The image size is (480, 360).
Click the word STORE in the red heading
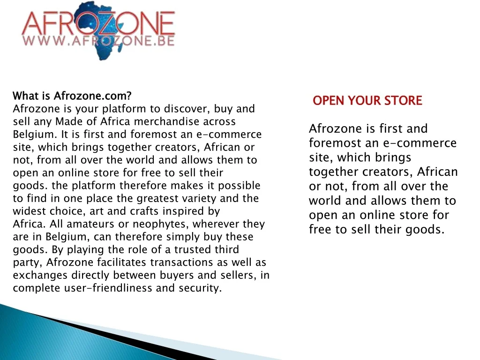[403, 101]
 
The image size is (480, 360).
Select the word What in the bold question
[26, 96]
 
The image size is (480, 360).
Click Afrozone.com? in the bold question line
[93, 96]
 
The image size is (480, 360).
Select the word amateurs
[90, 224]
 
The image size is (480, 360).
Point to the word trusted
[193, 249]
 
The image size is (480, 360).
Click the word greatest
[157, 199]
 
